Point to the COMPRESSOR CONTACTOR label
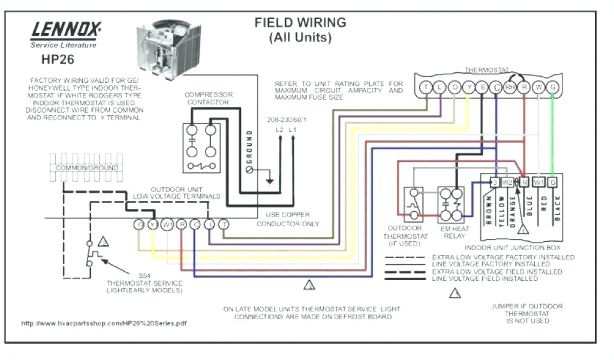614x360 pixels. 208,98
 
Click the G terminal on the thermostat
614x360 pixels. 553,88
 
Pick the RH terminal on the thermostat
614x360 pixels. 510,88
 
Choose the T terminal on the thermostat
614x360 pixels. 426,88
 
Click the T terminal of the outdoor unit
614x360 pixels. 224,224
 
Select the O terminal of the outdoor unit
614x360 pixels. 139,224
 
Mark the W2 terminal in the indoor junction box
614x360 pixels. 507,182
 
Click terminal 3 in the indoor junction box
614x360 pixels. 494,182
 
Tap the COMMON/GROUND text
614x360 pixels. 87,168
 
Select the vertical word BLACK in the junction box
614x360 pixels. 557,210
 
